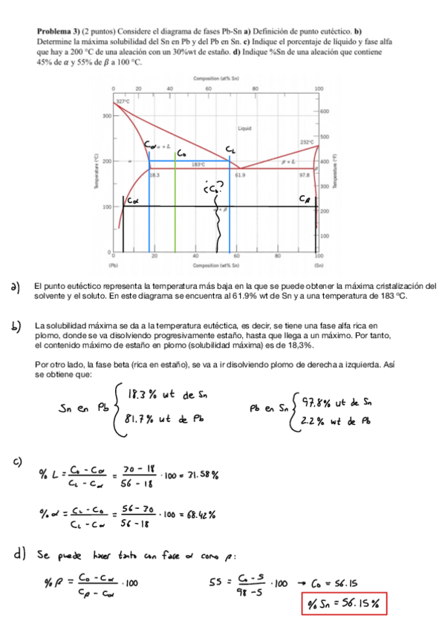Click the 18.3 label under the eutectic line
click(155, 175)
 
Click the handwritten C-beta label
click(305, 198)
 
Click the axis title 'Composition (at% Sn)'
click(215, 78)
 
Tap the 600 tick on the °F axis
click(325, 110)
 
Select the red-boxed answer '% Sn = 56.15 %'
click(345, 602)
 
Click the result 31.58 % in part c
click(198, 473)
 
